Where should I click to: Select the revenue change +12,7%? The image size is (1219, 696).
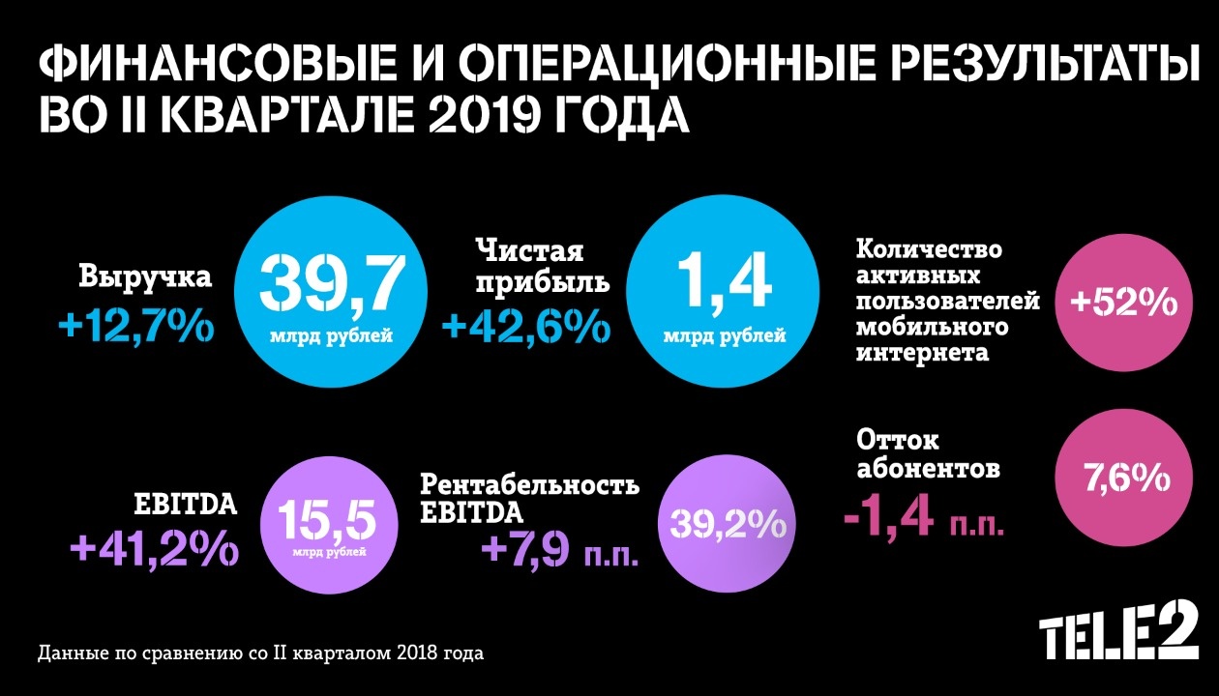tap(135, 327)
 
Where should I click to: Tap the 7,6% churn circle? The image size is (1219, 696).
tap(1122, 478)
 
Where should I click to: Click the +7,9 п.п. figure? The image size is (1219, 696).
tap(556, 550)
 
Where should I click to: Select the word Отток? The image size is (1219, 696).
tap(898, 441)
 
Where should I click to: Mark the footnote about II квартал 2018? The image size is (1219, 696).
tap(260, 652)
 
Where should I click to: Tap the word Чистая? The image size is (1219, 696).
tap(529, 251)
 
